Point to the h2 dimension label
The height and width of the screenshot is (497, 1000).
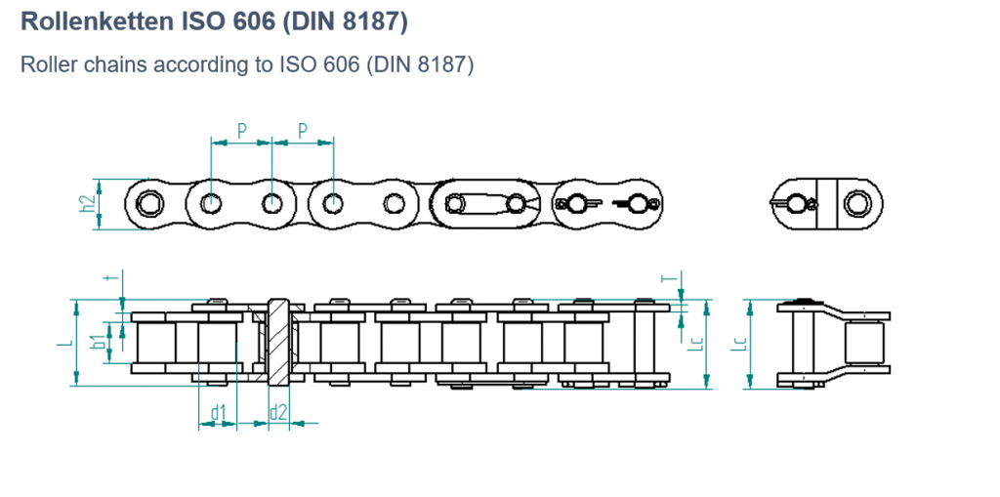click(x=89, y=204)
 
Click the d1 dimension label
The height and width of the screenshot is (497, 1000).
click(x=218, y=413)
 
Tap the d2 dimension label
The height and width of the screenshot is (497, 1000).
click(x=278, y=413)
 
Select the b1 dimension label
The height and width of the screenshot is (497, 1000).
click(x=99, y=341)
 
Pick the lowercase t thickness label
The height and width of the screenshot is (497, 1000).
click(x=113, y=277)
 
